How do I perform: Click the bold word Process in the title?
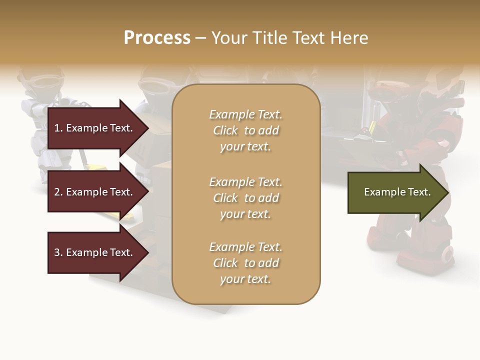click(x=157, y=38)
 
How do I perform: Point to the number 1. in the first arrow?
click(x=58, y=128)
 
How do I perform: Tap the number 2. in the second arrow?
click(x=58, y=192)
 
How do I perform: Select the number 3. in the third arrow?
click(x=58, y=252)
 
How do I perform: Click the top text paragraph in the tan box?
click(x=245, y=130)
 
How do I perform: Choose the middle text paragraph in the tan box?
click(x=245, y=198)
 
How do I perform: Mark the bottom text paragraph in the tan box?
click(x=245, y=263)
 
